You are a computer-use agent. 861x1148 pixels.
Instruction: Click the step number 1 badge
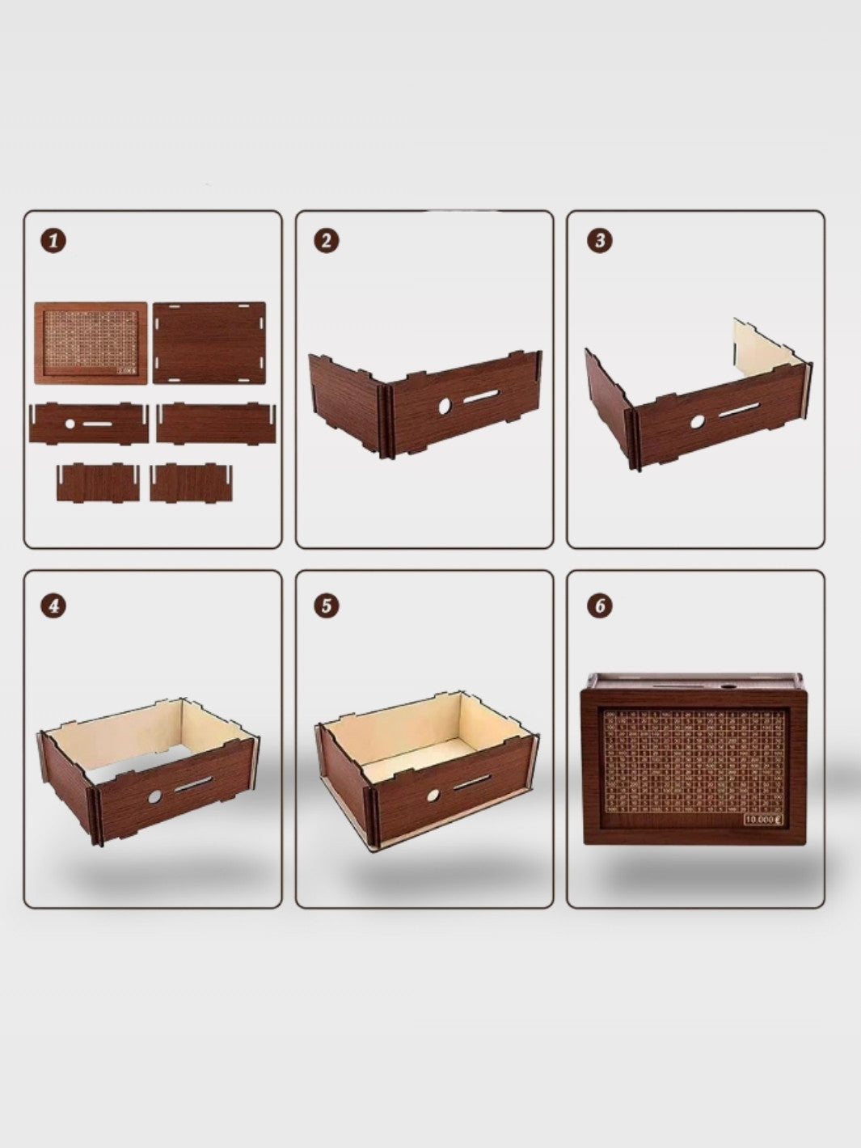coord(53,240)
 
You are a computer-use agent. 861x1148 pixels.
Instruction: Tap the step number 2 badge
coord(326,240)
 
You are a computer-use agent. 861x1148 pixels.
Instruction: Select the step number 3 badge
coord(598,240)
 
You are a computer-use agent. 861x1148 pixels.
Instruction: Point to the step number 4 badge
coord(53,606)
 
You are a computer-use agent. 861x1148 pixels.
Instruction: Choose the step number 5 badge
coord(326,606)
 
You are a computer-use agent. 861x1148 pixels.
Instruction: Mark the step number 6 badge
coord(598,606)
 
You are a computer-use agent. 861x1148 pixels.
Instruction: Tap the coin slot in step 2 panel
coord(482,395)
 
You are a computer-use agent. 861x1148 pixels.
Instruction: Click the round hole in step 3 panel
coord(696,421)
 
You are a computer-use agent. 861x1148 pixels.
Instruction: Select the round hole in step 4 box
coord(154,796)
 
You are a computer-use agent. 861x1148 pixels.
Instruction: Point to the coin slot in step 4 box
coord(194,783)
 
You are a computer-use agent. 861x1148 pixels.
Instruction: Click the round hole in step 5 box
coord(433,796)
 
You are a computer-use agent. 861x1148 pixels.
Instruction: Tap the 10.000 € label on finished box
coord(762,819)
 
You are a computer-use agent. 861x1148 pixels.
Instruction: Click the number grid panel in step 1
coord(91,343)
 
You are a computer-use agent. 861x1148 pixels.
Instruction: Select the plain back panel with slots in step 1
coord(209,343)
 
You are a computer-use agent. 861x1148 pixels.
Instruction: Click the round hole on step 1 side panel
coord(70,423)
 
